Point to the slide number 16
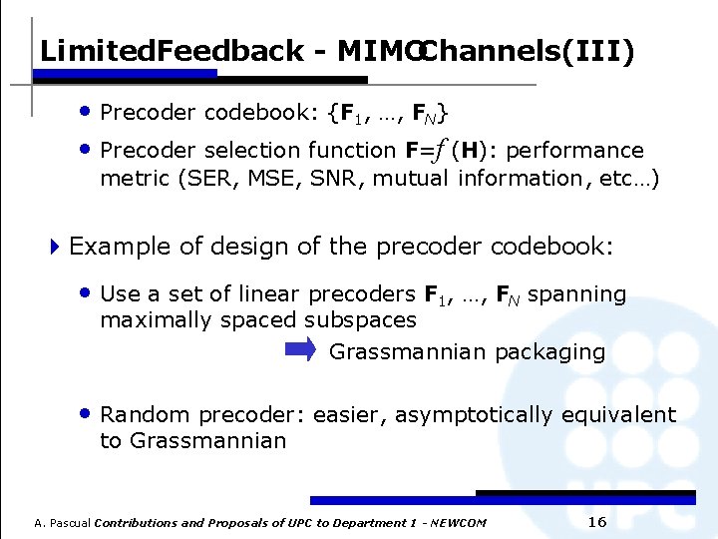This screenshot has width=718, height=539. point(598,522)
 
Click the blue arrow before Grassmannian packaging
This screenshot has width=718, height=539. point(299,349)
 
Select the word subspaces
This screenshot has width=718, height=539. point(360,320)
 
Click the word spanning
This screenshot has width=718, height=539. point(576,294)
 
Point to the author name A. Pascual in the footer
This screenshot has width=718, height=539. point(62,523)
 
